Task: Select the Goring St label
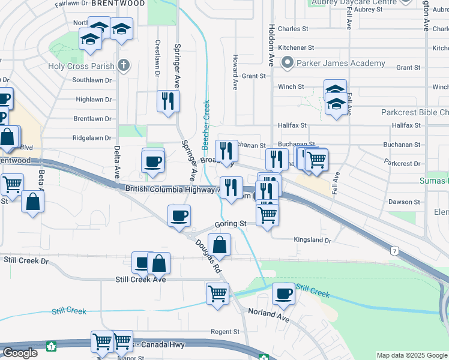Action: [231, 224]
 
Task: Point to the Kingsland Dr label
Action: [312, 239]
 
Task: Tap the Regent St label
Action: [225, 331]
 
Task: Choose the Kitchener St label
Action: [296, 47]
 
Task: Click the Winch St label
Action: [291, 86]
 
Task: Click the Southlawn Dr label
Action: [92, 80]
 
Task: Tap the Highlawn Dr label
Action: [94, 100]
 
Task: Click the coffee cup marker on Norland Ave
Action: [283, 293]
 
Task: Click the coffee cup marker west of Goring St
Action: [179, 215]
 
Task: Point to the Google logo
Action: [20, 353]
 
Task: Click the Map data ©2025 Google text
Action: [411, 355]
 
